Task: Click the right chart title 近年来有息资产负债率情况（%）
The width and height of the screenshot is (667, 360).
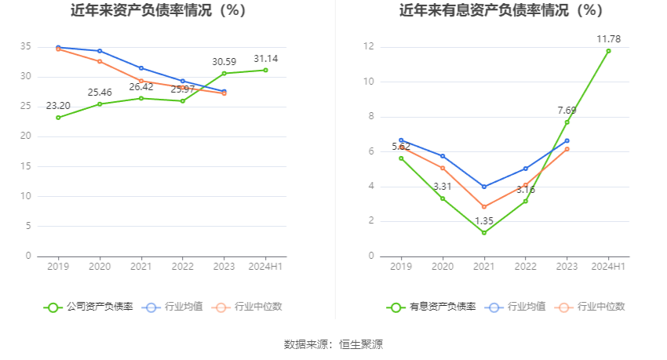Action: pos(501,11)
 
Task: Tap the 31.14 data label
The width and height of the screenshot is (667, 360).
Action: pos(265,59)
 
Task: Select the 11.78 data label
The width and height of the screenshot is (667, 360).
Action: pos(608,39)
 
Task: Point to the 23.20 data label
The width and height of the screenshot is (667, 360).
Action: pos(58,106)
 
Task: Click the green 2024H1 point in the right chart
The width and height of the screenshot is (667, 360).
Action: pos(608,51)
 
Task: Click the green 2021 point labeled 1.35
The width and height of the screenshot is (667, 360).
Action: pos(484,232)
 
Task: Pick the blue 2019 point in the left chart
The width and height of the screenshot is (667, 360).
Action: pos(58,47)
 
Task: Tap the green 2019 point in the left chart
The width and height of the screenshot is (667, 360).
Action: pos(58,118)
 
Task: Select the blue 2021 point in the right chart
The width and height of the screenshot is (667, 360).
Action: pos(484,187)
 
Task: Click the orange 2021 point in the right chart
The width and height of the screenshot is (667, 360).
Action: pos(484,207)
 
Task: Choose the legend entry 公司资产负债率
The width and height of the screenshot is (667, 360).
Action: pos(88,307)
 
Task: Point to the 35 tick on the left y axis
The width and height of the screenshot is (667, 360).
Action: pos(26,47)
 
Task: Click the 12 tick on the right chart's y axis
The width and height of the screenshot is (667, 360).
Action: pos(368,47)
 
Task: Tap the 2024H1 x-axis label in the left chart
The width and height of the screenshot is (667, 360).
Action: pos(265,267)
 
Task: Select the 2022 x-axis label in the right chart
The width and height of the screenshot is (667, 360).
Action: pos(526,267)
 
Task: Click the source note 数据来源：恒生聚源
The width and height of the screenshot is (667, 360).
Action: pos(333,344)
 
